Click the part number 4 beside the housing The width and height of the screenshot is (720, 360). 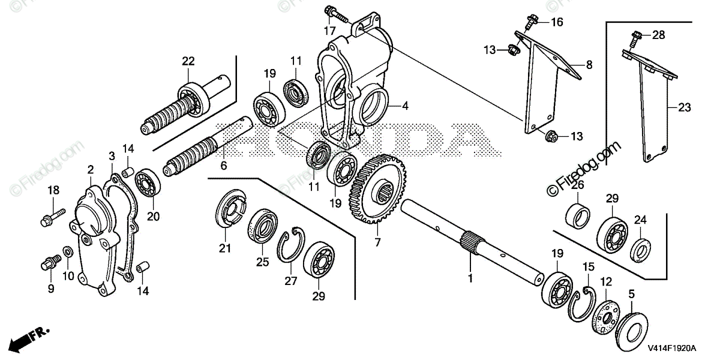[405, 106]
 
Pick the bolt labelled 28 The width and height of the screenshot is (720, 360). [635, 39]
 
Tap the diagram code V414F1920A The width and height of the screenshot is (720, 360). [670, 348]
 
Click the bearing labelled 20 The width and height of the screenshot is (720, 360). [146, 184]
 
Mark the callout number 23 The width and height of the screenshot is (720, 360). [685, 108]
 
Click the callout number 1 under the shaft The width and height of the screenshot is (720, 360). [470, 278]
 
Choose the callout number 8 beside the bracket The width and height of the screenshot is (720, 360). [589, 65]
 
